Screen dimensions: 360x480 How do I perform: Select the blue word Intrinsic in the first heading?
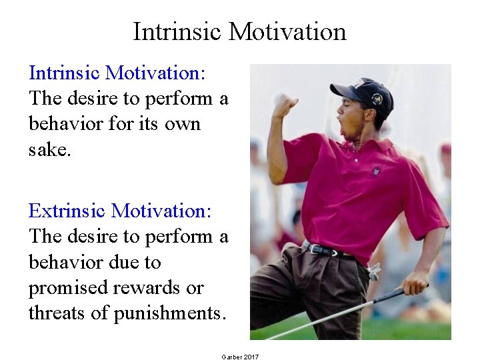tap(65, 72)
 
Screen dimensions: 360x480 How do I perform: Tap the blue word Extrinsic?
tap(67, 211)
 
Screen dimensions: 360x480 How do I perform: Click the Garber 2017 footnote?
tap(240, 357)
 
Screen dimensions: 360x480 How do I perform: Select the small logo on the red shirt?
tap(377, 170)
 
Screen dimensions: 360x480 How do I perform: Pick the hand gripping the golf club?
tap(415, 283)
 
